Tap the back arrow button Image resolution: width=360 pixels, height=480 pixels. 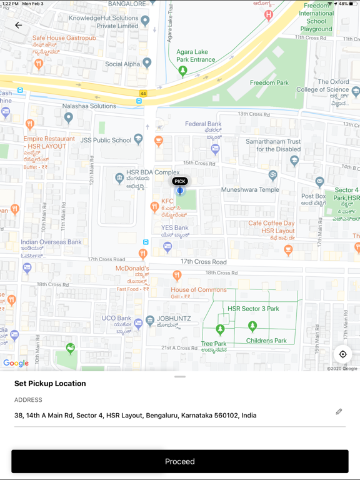pos(19,26)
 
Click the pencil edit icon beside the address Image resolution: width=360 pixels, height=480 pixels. pos(339,411)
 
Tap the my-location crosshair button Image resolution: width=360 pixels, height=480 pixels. pos(342,354)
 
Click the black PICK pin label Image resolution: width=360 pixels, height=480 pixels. pos(180,181)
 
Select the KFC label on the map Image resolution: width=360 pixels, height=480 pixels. pos(167,201)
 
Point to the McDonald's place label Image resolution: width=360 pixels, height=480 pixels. pos(132,269)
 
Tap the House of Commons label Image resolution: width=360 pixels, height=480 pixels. pos(199,289)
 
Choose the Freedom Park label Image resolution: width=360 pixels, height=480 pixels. pos(269,82)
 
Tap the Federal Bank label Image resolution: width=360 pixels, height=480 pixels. pos(203,124)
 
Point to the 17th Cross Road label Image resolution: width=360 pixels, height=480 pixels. pos(204,262)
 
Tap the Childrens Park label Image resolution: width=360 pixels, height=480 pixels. pos(266,341)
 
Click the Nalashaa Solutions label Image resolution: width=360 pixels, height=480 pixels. pos(89,106)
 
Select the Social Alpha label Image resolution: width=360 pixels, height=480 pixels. pos(122,64)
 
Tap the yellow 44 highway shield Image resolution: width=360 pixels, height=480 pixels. pos(143,94)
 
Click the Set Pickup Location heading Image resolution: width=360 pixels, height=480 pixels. pos(50,384)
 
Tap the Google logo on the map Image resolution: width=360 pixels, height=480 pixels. pos(16,363)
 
